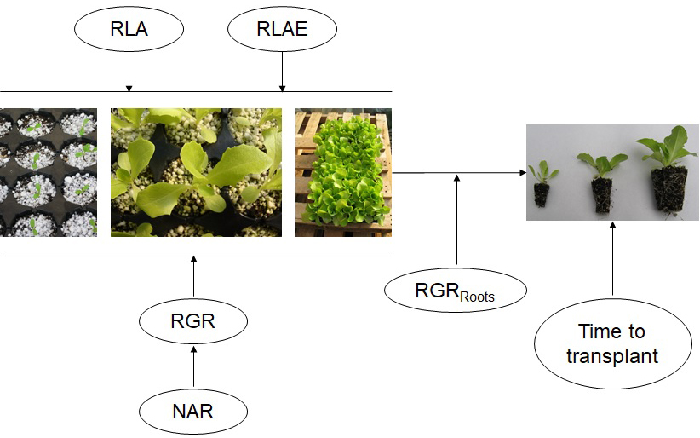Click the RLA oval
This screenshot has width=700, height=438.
pos(129,30)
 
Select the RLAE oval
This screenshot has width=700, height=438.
pos(282,30)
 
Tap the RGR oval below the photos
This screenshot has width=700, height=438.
pos(193,323)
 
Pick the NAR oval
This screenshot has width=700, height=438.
pos(193,412)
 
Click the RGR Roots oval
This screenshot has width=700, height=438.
pos(456,291)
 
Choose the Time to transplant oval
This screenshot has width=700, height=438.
pos(612,343)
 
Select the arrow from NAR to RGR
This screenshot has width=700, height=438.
pos(193,366)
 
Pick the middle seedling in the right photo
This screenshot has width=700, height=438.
pos(602,182)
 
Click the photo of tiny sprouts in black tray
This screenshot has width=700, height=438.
pos(49,172)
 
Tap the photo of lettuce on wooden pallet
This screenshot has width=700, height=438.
pos(343,172)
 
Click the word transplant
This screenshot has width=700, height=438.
pos(612,355)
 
